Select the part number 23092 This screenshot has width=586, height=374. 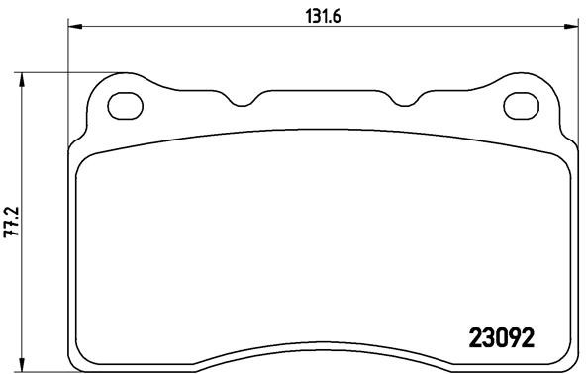(500, 336)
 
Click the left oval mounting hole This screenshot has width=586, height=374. (126, 103)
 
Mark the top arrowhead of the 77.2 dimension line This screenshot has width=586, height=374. (22, 76)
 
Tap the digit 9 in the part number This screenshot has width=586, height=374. (514, 336)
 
